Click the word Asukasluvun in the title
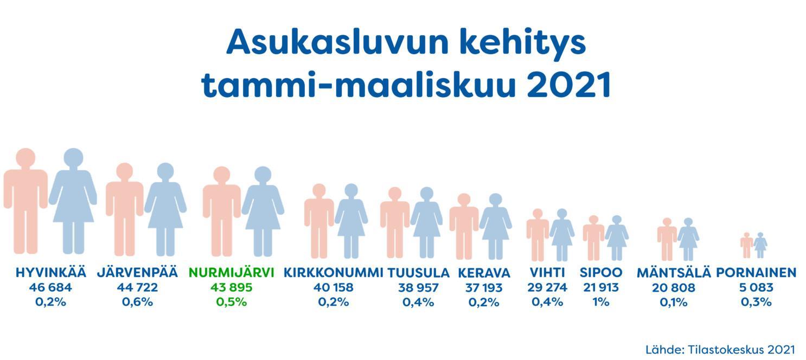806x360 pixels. click(x=337, y=43)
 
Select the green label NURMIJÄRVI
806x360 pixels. click(x=232, y=273)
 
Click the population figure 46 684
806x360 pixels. click(x=51, y=288)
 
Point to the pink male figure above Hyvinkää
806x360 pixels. click(x=25, y=201)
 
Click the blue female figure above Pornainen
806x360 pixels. click(x=760, y=245)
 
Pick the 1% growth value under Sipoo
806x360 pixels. click(x=601, y=302)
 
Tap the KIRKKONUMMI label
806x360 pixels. click(x=333, y=273)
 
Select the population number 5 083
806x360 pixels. click(x=756, y=288)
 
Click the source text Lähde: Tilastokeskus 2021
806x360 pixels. click(x=720, y=350)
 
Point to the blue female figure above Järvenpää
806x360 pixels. click(x=165, y=209)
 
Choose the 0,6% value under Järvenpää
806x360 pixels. click(x=137, y=302)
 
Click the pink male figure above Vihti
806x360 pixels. click(x=538, y=235)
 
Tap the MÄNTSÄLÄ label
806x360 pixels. click(x=674, y=273)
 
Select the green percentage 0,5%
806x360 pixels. click(x=232, y=302)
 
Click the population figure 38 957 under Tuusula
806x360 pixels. click(x=419, y=288)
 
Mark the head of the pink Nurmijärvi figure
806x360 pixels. click(x=222, y=175)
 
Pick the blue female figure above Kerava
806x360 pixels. click(x=495, y=226)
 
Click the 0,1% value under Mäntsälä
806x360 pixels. click(x=674, y=302)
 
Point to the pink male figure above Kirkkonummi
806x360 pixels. click(x=319, y=221)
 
